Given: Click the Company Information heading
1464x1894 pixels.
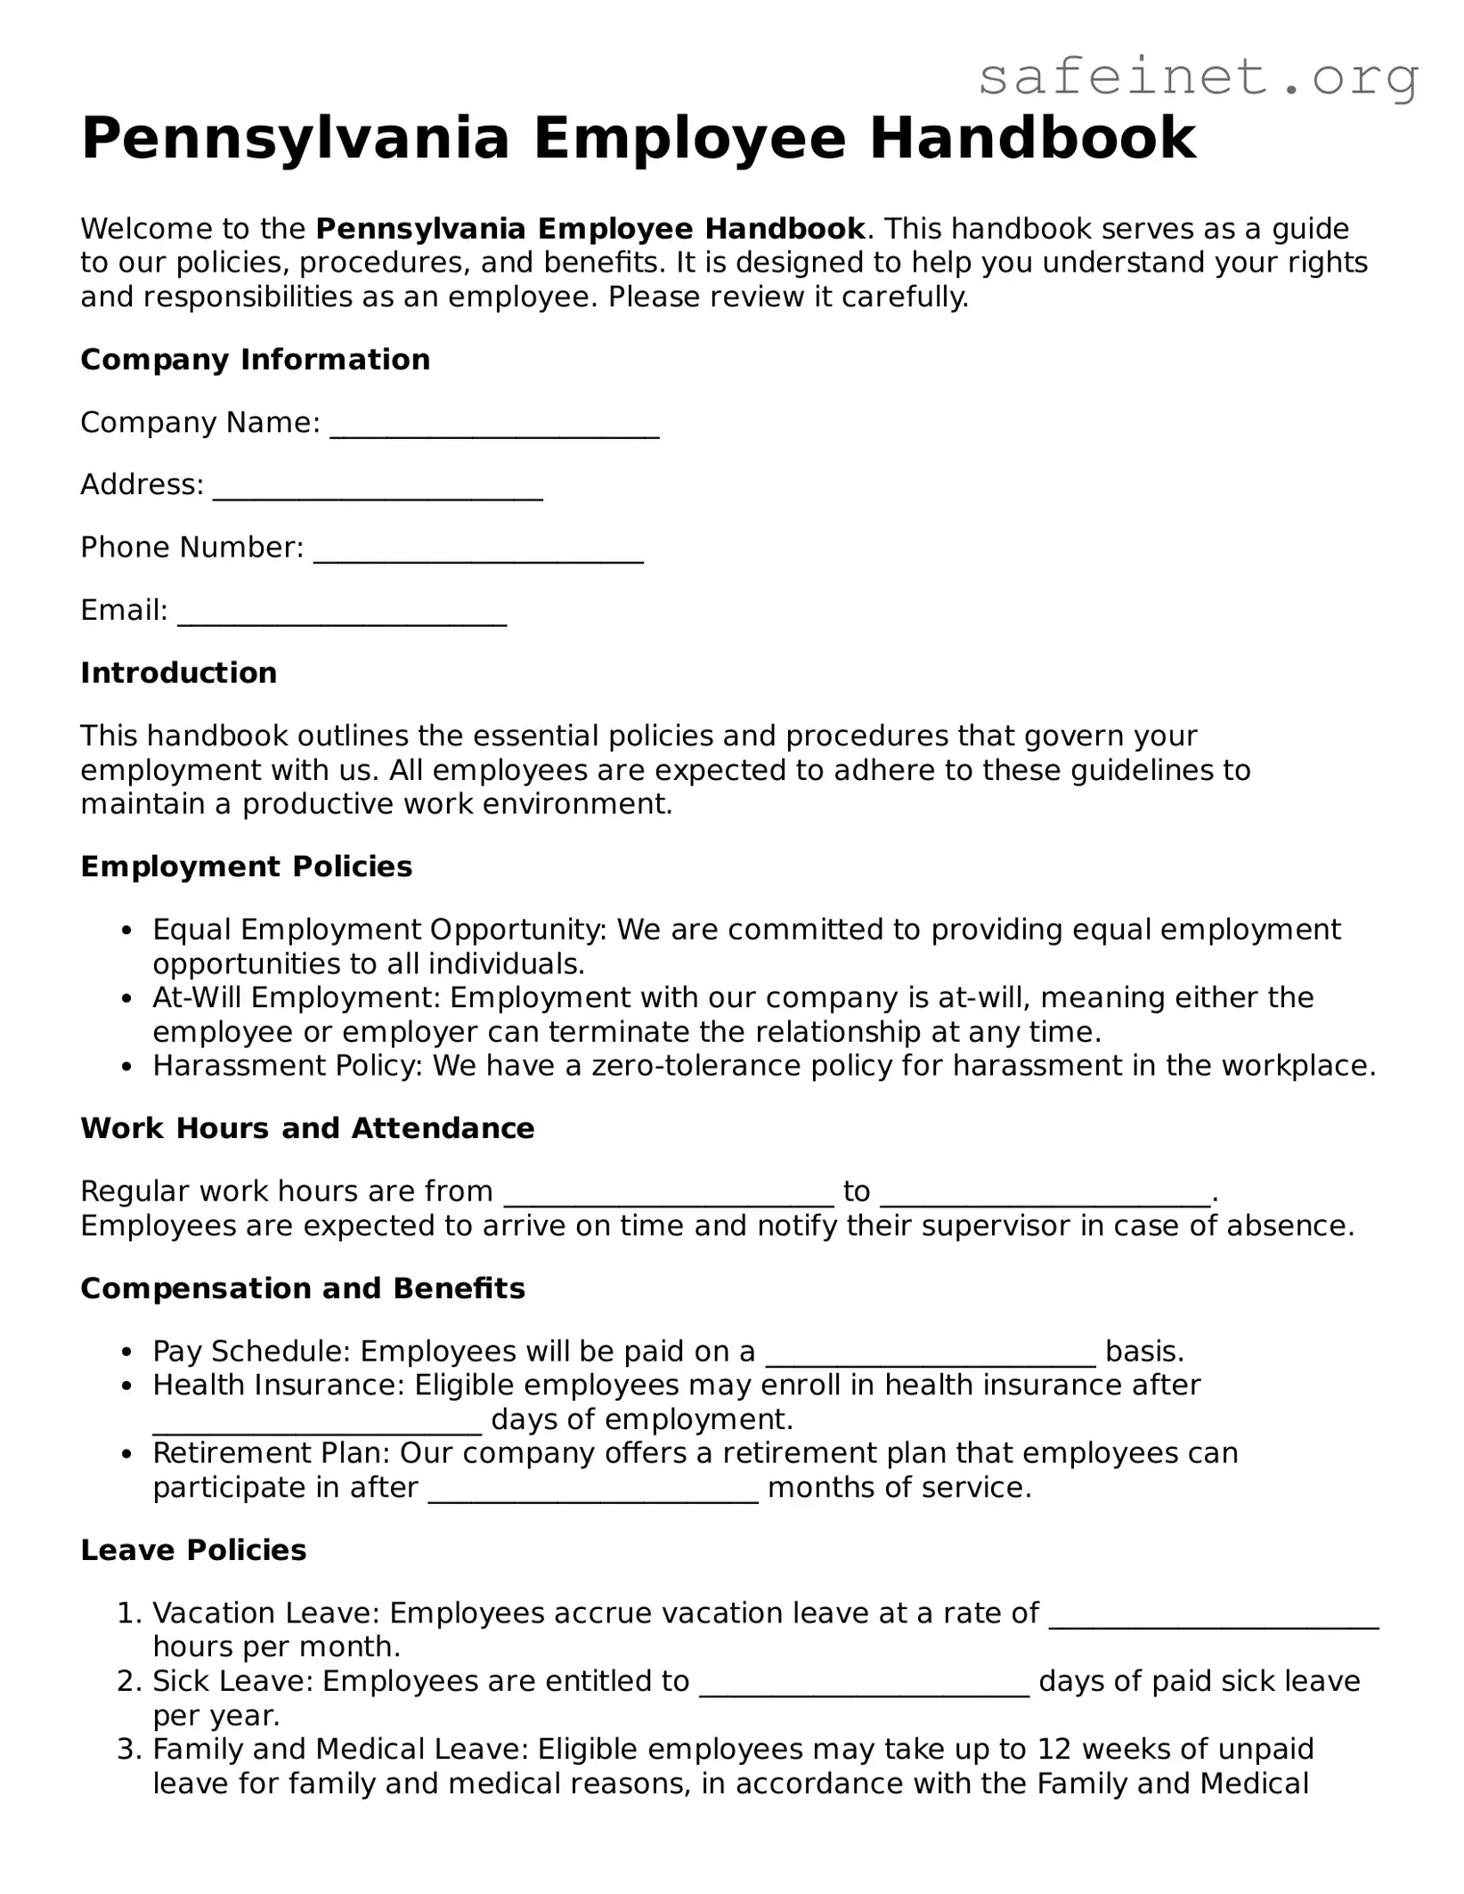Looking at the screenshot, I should click(255, 360).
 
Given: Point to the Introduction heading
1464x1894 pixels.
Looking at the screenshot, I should click(178, 672).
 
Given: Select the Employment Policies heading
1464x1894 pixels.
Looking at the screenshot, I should click(246, 866).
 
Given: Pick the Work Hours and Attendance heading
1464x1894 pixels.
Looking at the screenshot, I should click(307, 1128).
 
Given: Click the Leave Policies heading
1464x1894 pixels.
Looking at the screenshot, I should click(193, 1550).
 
